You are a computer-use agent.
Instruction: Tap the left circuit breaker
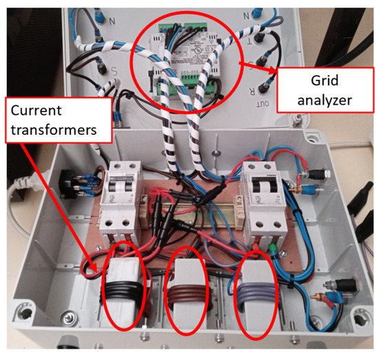[x=120, y=196]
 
